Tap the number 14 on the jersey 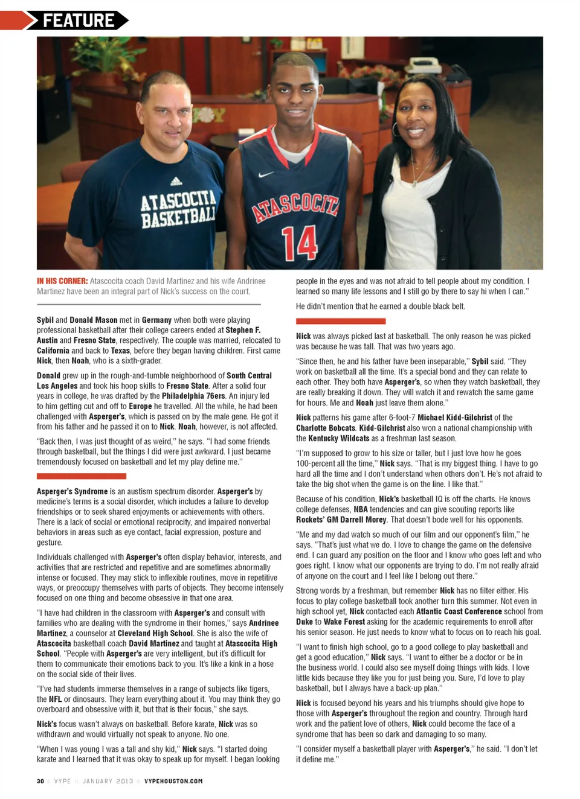(x=300, y=243)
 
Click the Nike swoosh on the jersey (x=266, y=175)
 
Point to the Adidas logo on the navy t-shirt (x=176, y=181)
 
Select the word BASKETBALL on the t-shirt (x=178, y=217)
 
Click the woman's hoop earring (x=396, y=129)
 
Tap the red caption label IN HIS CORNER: (x=62, y=281)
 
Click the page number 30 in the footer (x=40, y=781)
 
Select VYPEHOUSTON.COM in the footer (x=173, y=781)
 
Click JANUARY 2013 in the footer (x=108, y=781)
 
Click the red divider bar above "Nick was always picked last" (x=340, y=321)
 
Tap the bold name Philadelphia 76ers (x=193, y=396)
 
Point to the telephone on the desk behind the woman (x=422, y=63)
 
